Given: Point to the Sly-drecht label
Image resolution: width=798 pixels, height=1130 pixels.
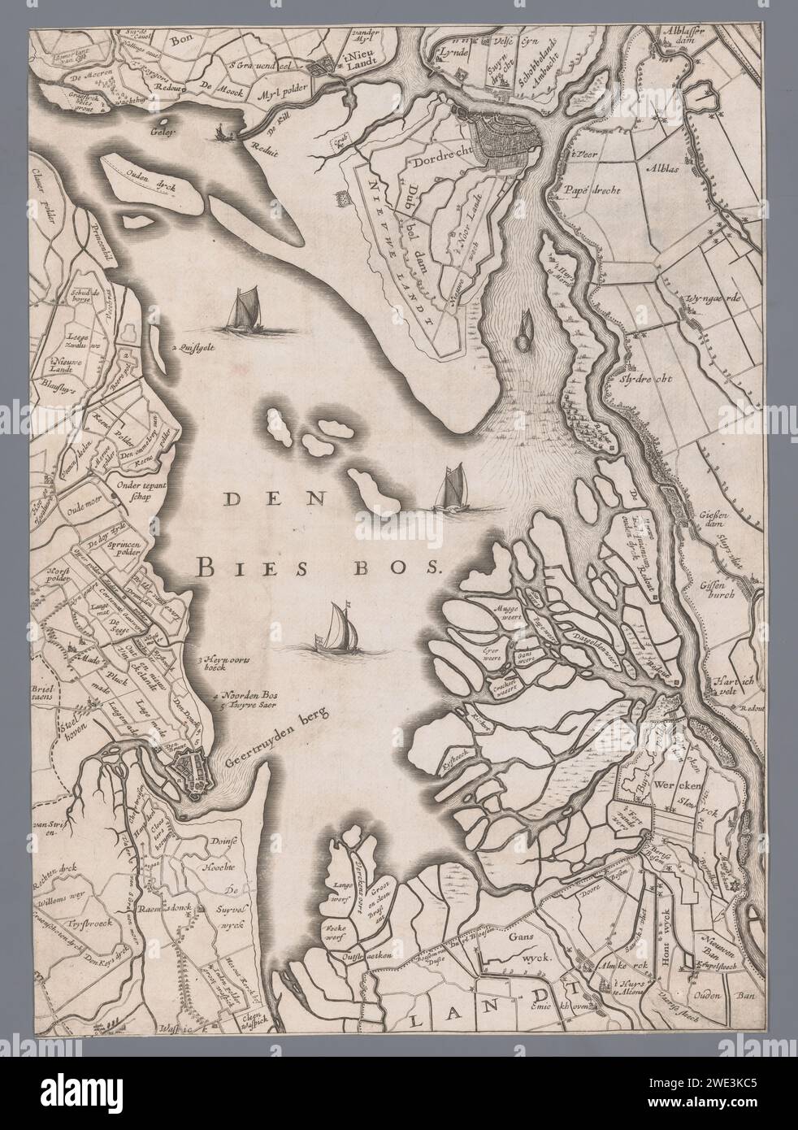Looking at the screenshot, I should (639, 377).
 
